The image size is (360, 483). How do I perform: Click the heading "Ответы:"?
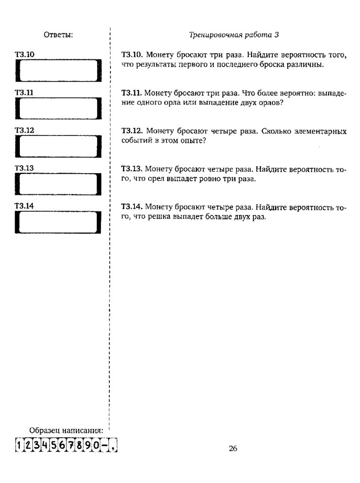click(x=59, y=34)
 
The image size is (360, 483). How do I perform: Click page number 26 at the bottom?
click(x=233, y=449)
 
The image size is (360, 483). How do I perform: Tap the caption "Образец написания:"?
click(x=66, y=430)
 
